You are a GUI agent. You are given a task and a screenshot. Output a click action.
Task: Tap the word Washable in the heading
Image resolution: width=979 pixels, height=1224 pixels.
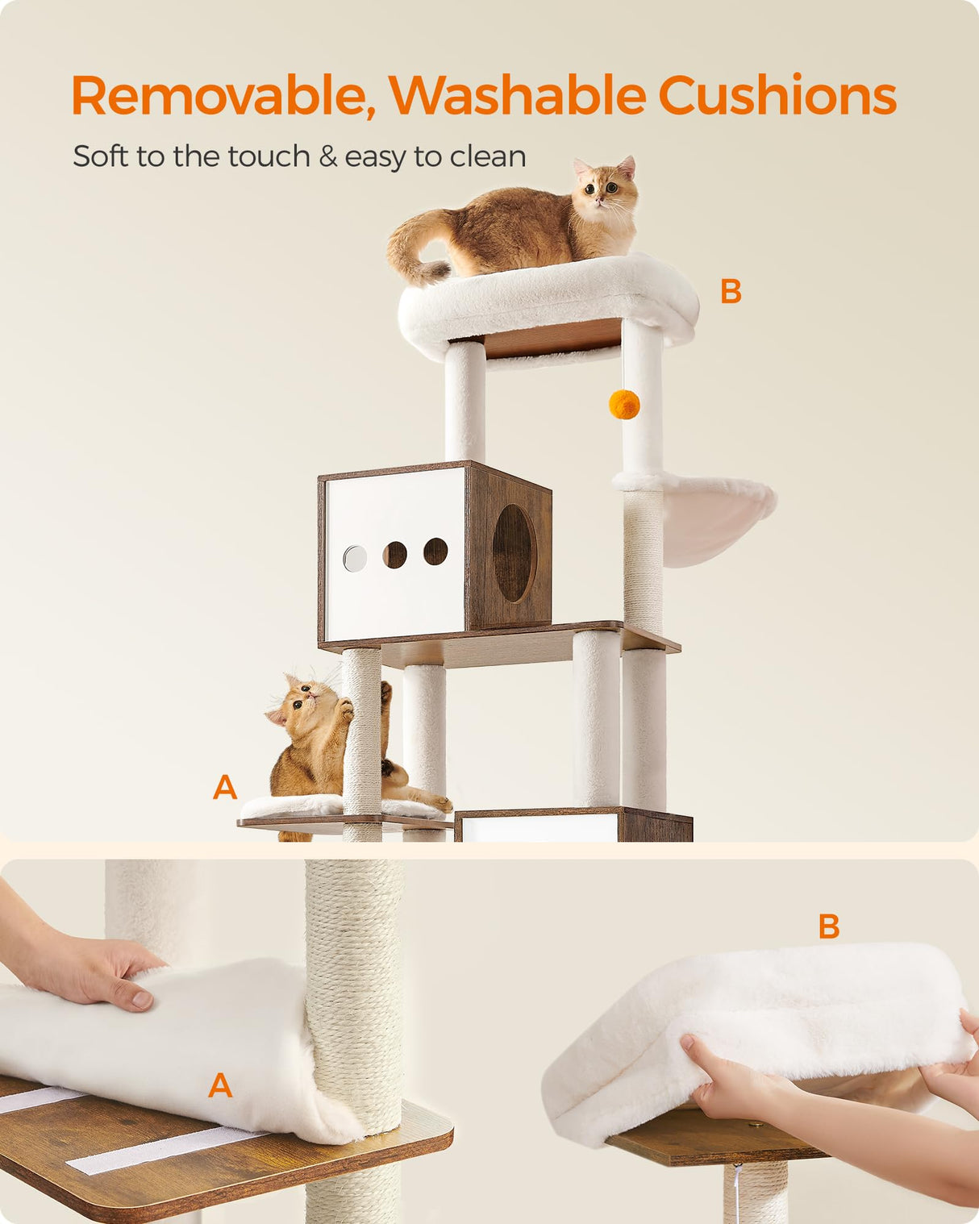pyautogui.click(x=517, y=96)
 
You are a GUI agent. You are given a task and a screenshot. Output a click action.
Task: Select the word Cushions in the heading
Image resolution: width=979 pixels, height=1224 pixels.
pyautogui.click(x=777, y=96)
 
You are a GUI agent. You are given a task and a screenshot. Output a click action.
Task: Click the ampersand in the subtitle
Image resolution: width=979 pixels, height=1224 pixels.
pyautogui.click(x=327, y=156)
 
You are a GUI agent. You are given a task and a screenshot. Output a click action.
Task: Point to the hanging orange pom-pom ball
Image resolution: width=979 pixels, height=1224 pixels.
pyautogui.click(x=623, y=405)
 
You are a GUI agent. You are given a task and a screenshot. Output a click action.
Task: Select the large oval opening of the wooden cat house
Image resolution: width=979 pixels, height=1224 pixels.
pyautogui.click(x=514, y=553)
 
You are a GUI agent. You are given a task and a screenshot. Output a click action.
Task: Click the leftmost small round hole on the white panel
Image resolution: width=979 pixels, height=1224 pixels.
pyautogui.click(x=355, y=557)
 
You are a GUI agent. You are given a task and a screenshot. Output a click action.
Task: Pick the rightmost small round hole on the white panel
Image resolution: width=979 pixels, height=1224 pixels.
pyautogui.click(x=435, y=552)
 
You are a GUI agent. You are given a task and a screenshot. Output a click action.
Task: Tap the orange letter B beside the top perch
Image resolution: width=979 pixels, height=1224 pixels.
pyautogui.click(x=731, y=292)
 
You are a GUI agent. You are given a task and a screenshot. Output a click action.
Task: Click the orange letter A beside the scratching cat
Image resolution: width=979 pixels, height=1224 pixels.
pyautogui.click(x=225, y=787)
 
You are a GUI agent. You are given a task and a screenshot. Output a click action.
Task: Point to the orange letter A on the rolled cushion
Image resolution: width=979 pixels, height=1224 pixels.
pyautogui.click(x=220, y=1085)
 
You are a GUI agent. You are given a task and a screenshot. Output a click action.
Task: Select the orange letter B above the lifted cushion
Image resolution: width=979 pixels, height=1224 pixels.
pyautogui.click(x=829, y=927)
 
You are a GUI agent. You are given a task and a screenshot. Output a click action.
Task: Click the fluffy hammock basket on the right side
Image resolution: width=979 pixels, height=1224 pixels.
pyautogui.click(x=710, y=516)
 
